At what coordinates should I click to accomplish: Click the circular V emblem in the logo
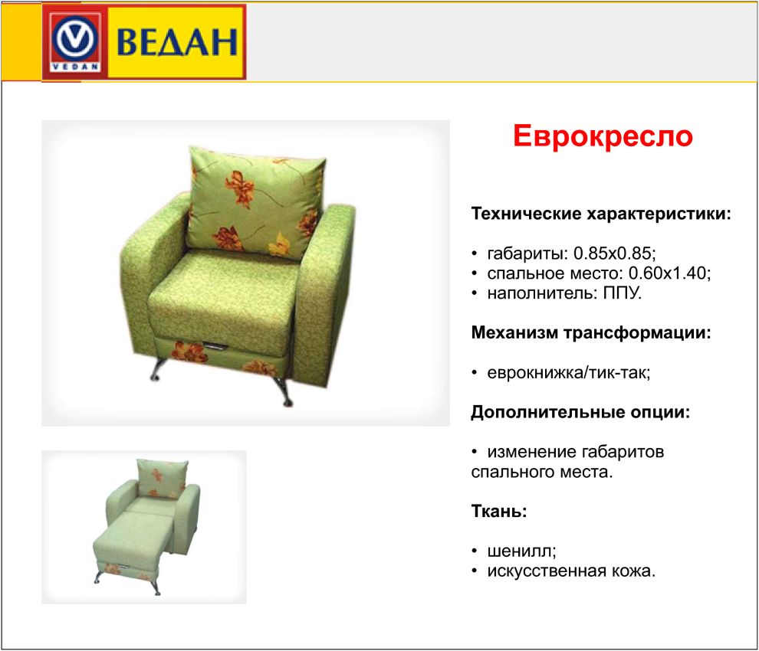[75, 39]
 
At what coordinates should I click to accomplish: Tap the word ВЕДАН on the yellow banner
[177, 42]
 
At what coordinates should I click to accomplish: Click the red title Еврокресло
[603, 136]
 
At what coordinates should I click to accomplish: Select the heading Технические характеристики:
[601, 213]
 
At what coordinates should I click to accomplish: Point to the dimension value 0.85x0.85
[613, 253]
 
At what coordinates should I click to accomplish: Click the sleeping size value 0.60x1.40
[669, 273]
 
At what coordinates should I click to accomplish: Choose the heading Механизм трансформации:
[591, 332]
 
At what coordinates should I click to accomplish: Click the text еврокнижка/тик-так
[567, 373]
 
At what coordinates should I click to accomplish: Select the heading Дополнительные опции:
[580, 412]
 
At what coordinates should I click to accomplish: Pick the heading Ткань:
[499, 511]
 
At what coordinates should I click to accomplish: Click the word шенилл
[520, 551]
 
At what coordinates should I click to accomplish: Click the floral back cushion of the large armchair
[255, 204]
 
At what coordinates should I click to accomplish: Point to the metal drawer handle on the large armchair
[216, 345]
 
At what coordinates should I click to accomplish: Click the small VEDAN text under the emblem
[75, 67]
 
